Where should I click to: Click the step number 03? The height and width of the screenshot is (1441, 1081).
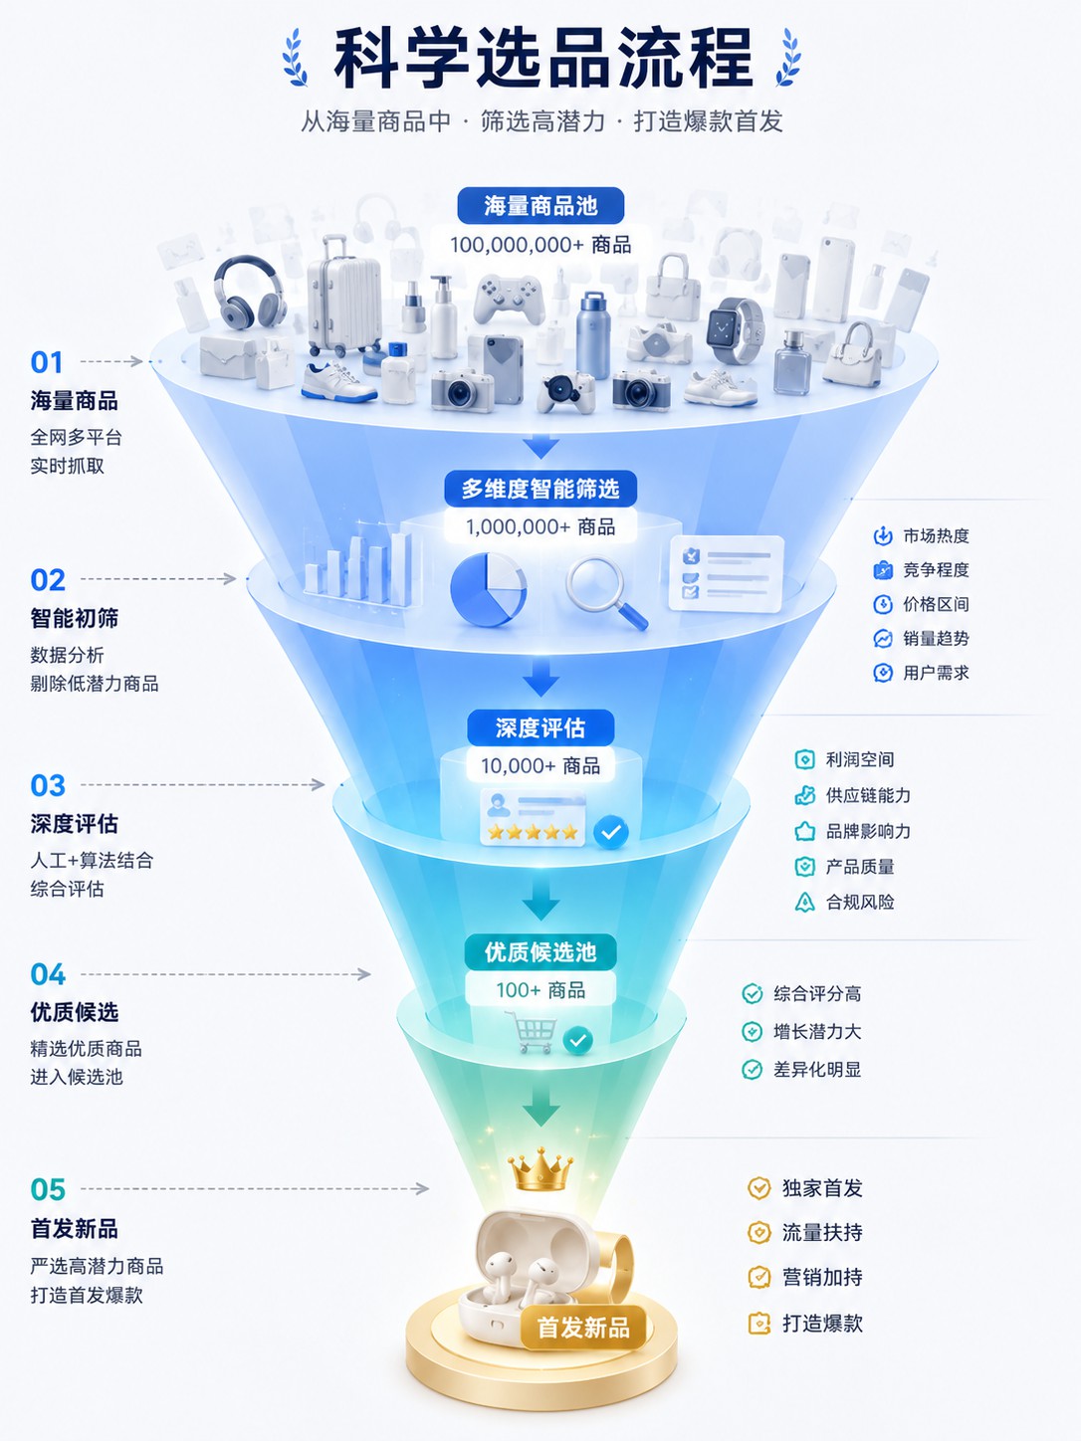48,786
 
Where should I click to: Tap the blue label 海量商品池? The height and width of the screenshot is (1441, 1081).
540,206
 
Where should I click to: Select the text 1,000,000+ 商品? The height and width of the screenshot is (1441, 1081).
540,526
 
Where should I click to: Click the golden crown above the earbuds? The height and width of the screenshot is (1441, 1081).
540,1169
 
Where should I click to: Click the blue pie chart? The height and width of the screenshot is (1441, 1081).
489,589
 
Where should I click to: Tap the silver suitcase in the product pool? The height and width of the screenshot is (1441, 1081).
344,297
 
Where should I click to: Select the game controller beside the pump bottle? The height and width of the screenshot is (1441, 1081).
509,300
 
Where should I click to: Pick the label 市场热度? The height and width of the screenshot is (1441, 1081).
936,536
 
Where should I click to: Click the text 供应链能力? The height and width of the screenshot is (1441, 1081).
868,796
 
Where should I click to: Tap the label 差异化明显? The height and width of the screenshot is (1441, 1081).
817,1070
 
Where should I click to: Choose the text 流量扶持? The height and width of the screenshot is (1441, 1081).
822,1232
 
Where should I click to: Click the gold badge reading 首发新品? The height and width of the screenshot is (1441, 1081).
583,1328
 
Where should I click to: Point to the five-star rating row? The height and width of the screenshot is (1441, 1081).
533,832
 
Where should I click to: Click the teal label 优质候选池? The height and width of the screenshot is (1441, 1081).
540,952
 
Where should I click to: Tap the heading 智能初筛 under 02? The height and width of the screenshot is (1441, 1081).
75,618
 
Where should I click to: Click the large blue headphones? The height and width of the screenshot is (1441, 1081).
250,293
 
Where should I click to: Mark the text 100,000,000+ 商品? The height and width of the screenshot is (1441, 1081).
540,245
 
